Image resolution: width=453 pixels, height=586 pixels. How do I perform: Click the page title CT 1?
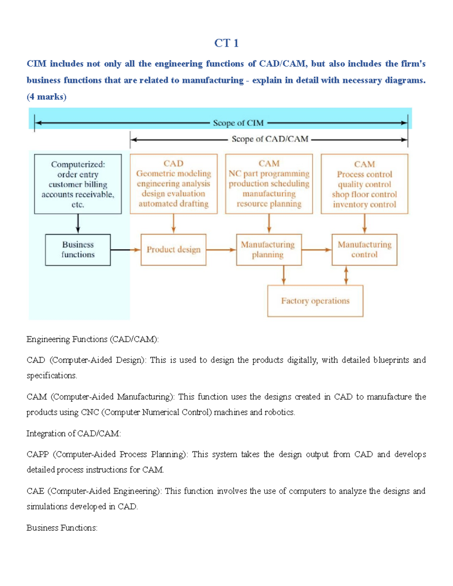[226, 43]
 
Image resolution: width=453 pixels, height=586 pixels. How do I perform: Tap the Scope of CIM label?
[238, 123]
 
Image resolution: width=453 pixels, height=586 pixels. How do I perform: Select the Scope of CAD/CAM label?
[270, 139]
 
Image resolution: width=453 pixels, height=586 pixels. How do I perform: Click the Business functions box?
[78, 250]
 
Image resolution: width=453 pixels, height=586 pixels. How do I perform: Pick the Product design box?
[173, 250]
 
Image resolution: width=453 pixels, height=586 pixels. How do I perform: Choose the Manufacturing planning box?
[268, 250]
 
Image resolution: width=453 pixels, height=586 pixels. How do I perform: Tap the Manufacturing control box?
[364, 250]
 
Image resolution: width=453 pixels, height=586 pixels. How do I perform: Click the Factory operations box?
[315, 301]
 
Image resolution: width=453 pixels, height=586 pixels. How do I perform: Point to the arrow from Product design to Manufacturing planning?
[221, 250]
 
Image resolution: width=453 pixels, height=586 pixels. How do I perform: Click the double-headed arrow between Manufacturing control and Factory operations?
[346, 275]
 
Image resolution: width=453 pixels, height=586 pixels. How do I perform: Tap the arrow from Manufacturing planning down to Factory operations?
[284, 275]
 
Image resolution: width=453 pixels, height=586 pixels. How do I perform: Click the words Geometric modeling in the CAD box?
[174, 174]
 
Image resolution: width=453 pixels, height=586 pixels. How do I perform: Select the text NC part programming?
[269, 174]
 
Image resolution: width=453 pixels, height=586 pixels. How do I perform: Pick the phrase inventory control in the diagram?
[364, 205]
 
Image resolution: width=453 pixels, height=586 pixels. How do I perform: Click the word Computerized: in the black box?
[78, 165]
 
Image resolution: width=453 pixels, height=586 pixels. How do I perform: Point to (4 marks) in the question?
[46, 97]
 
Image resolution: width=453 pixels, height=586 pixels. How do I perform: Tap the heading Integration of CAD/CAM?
[74, 434]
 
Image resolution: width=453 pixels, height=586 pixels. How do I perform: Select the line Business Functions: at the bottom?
[62, 528]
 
